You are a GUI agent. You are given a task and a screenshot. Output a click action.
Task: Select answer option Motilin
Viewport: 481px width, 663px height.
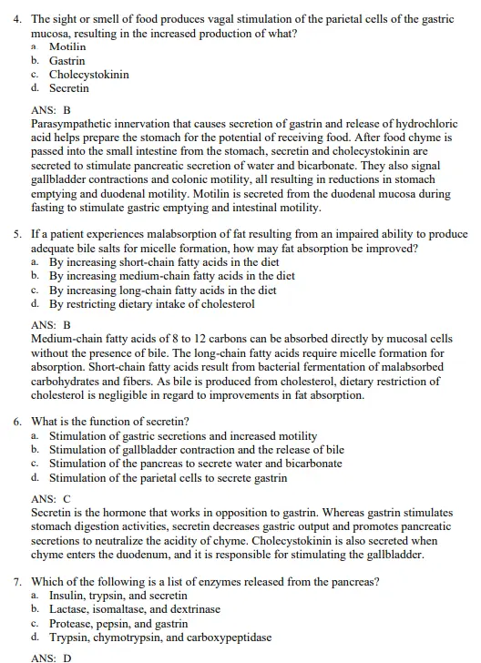pyautogui.click(x=67, y=46)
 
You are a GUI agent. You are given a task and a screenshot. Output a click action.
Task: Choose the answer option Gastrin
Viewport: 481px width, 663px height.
pyautogui.click(x=67, y=60)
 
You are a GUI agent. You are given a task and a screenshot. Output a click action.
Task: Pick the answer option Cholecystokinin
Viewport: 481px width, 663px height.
pyautogui.click(x=88, y=75)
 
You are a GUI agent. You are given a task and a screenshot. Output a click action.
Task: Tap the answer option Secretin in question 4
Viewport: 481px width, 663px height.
pyautogui.click(x=69, y=88)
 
